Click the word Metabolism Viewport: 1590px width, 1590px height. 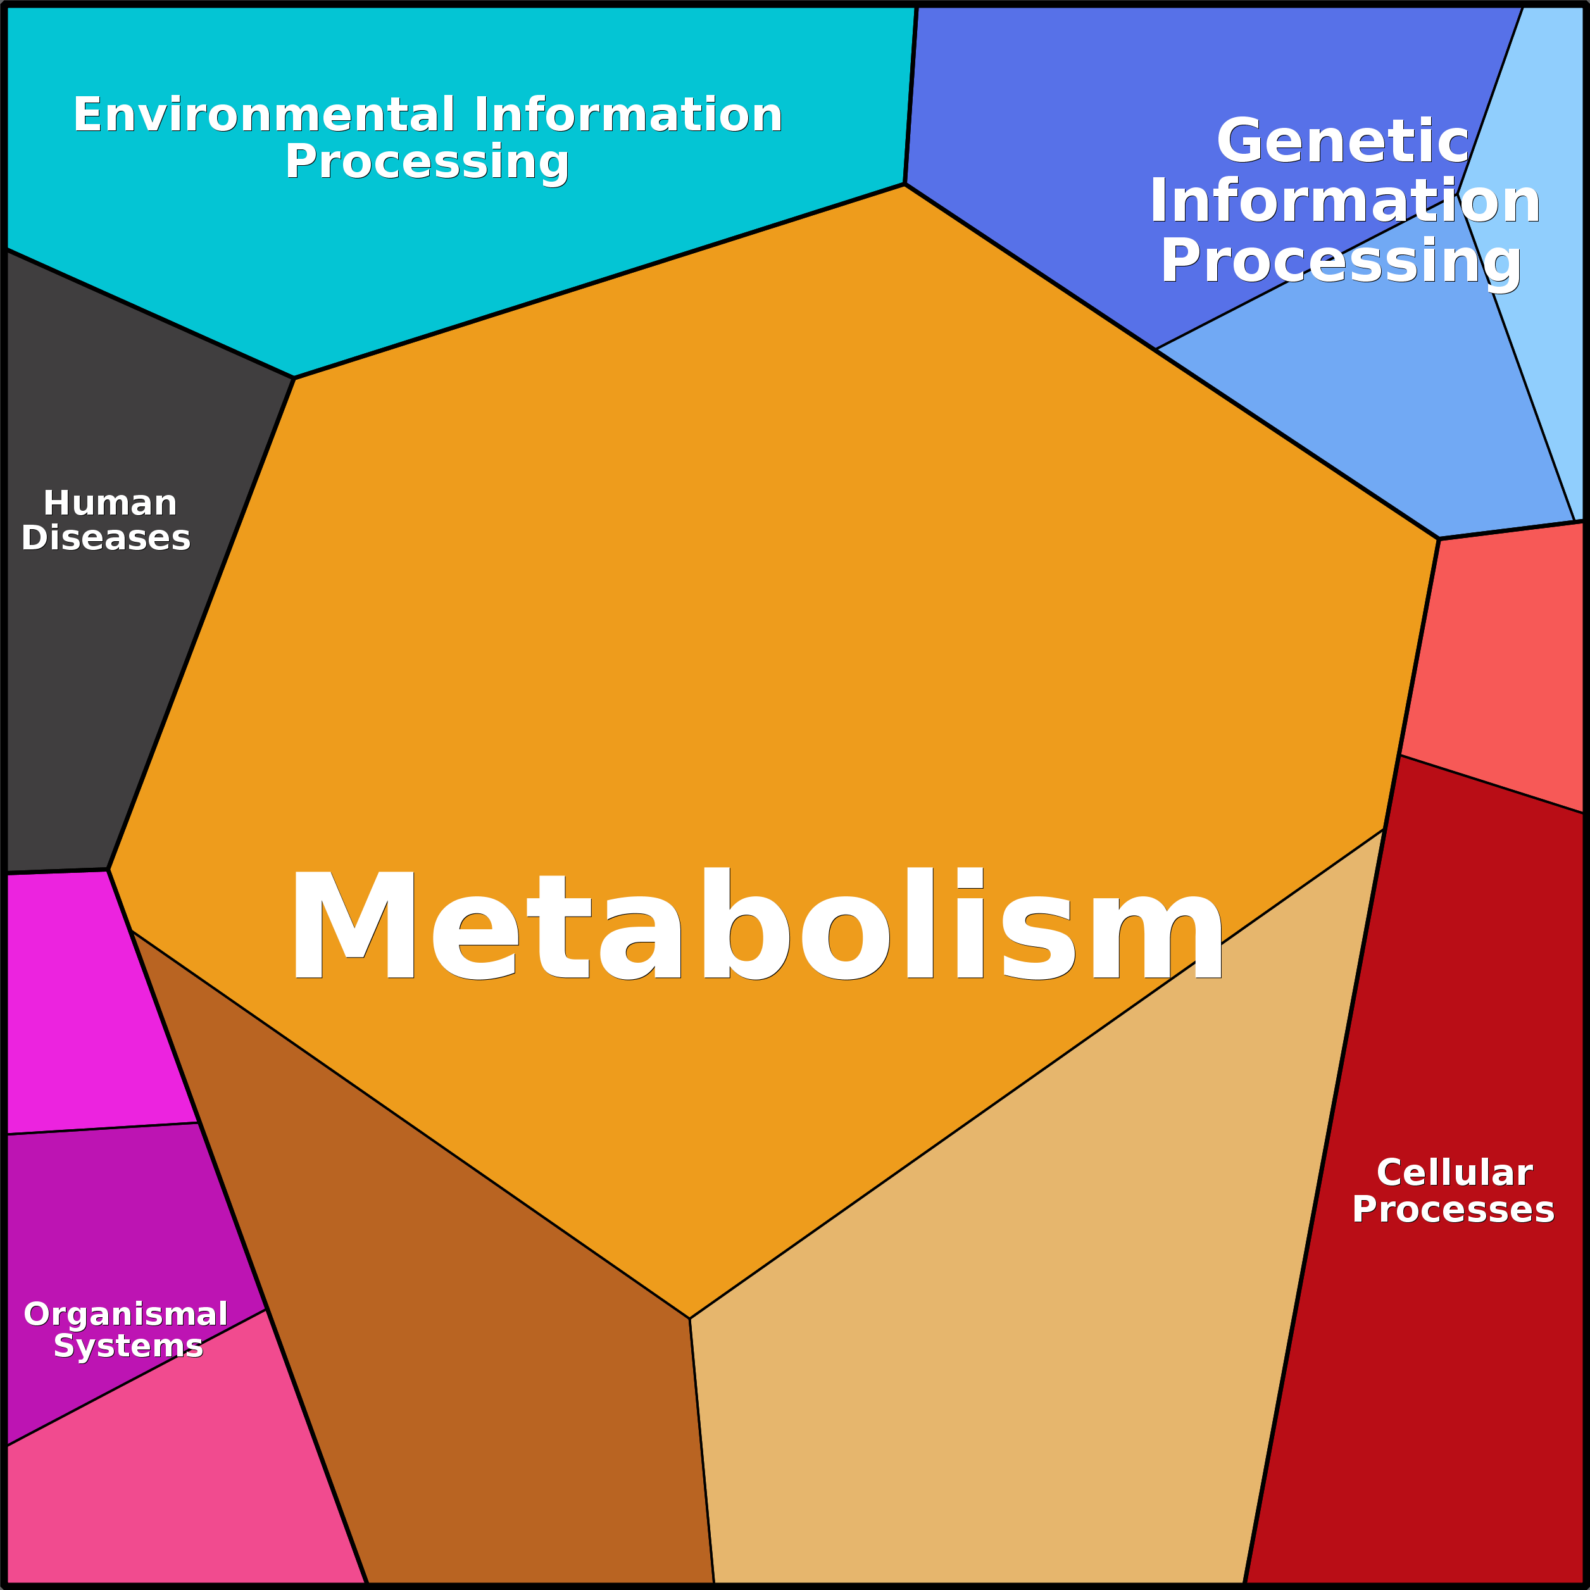[x=756, y=924]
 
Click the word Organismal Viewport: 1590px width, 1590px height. [x=126, y=1314]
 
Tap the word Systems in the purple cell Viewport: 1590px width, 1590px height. [x=128, y=1346]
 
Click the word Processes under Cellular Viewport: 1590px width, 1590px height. [x=1453, y=1210]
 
